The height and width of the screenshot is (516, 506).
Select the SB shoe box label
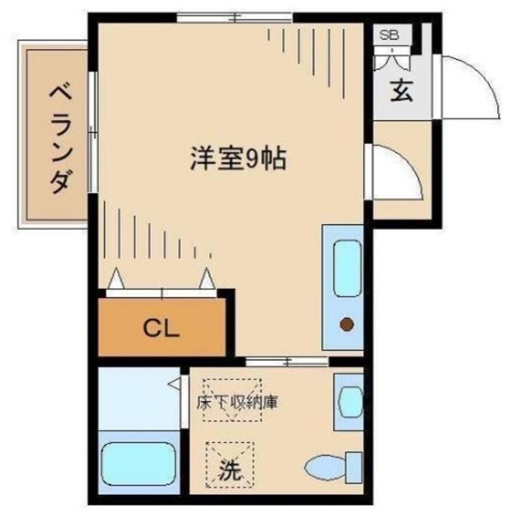(389, 35)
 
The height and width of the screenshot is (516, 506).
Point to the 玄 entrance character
(401, 91)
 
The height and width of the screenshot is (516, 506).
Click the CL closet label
(161, 327)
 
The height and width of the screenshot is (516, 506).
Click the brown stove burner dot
(346, 325)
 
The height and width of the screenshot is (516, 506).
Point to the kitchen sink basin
(346, 267)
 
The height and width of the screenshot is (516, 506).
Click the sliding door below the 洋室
(286, 360)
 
